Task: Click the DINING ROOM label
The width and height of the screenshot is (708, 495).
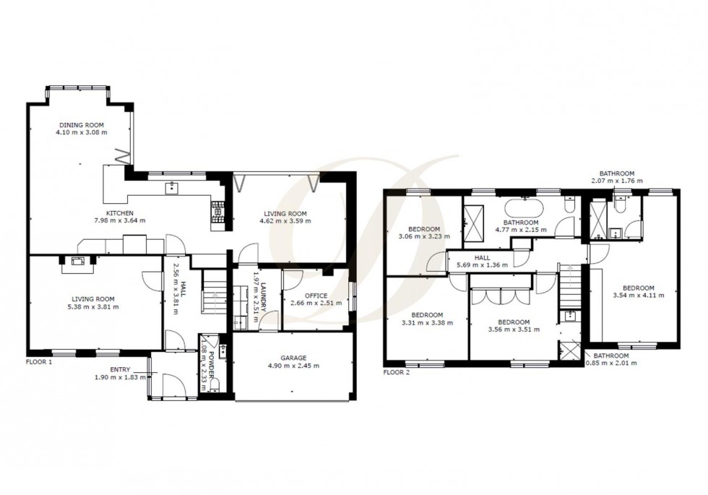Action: coord(82,124)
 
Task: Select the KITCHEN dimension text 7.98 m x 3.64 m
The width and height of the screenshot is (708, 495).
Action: coord(119,220)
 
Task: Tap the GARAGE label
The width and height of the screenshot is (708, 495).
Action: coord(293,357)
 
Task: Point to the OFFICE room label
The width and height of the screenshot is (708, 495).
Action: coord(316,296)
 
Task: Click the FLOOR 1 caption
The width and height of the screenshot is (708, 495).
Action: coord(39,361)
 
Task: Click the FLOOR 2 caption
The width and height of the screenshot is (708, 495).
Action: coord(396,373)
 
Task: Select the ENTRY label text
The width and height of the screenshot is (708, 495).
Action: coord(110,370)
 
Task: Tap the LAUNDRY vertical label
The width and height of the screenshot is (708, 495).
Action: coord(264,296)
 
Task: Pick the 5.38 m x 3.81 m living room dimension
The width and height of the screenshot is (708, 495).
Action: coord(94,307)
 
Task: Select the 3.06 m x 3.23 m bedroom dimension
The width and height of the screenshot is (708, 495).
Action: coord(423,236)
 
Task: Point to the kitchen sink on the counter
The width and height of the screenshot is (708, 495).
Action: coord(172,190)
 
